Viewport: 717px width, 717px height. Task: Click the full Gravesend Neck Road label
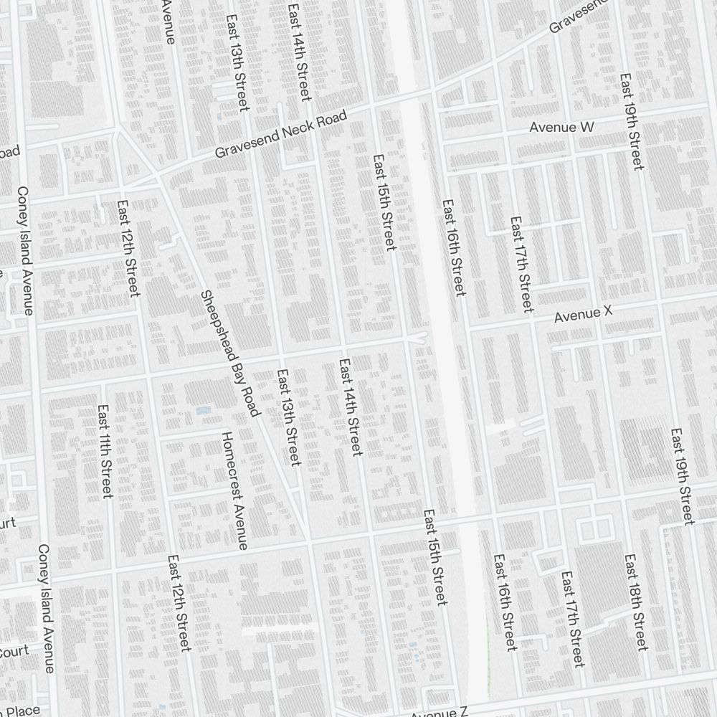[281, 135]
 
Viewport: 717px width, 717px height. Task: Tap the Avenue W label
[562, 127]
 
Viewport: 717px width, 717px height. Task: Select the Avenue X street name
[585, 313]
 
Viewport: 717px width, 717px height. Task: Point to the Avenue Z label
[439, 712]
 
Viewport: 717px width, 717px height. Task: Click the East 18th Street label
[636, 602]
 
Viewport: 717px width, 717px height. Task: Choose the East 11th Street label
[105, 452]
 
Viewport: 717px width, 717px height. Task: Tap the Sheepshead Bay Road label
[229, 353]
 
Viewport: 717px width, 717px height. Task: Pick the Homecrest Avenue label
[234, 491]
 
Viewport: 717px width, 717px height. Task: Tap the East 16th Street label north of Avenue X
[454, 247]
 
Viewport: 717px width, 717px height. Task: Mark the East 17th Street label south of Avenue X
[573, 618]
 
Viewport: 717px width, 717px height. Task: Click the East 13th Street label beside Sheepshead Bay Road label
[288, 417]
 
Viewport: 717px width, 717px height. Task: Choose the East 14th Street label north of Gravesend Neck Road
[299, 52]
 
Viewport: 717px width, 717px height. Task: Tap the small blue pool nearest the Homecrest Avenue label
[203, 412]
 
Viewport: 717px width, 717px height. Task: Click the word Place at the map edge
[25, 711]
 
